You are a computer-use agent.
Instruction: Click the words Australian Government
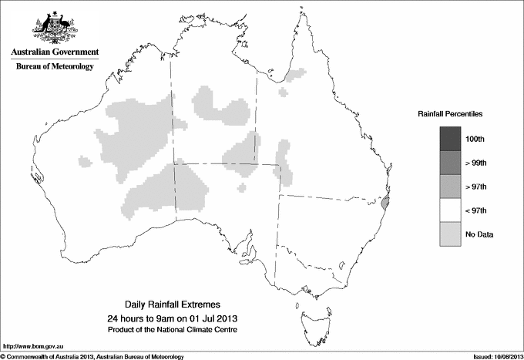[55, 52]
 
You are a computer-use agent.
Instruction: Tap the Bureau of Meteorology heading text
[55, 67]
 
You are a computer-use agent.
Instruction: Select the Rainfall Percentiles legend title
[450, 114]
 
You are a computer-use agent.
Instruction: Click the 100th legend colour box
[451, 138]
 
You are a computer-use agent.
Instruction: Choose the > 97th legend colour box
[451, 186]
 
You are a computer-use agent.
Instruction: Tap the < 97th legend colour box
[451, 210]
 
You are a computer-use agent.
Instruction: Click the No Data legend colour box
[451, 234]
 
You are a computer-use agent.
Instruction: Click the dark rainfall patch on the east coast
[386, 204]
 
